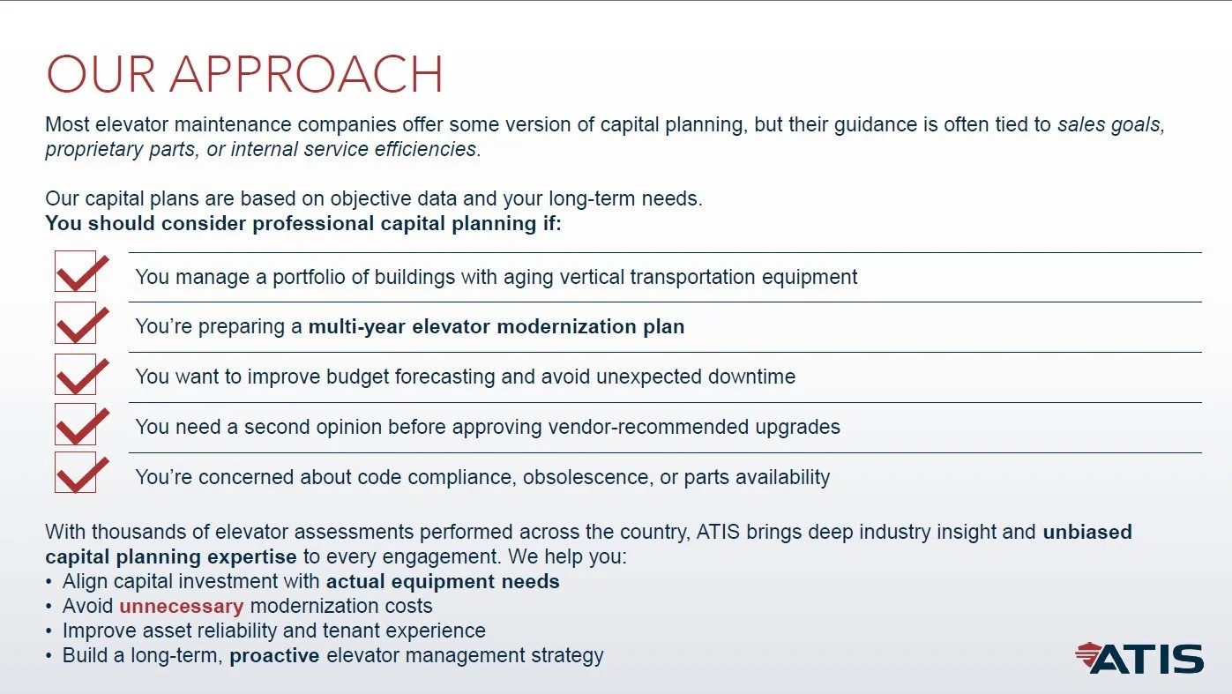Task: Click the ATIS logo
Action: click(x=1139, y=659)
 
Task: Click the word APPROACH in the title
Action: click(x=307, y=75)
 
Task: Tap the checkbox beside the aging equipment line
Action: click(x=76, y=272)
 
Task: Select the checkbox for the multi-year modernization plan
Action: click(x=76, y=323)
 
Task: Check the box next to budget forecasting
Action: click(x=76, y=374)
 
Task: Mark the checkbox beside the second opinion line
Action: click(x=76, y=424)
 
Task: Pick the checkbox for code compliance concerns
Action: click(x=76, y=473)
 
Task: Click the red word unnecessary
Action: click(x=181, y=607)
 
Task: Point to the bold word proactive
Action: click(x=274, y=656)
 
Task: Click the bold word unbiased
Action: click(x=1086, y=532)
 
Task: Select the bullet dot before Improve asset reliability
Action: click(x=49, y=631)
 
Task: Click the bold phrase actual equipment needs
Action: click(x=443, y=582)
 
